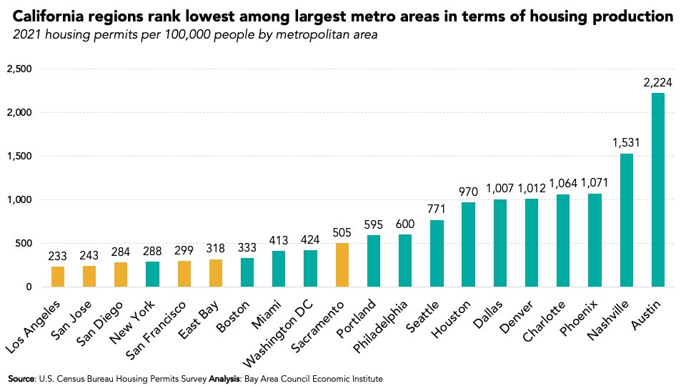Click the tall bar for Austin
tap(658, 190)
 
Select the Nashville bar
tap(627, 220)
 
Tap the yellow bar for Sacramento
tap(342, 265)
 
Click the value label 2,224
tap(658, 83)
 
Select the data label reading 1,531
tap(627, 143)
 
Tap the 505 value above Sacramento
tap(342, 232)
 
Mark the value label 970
tap(469, 192)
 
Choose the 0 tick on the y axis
tap(29, 287)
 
